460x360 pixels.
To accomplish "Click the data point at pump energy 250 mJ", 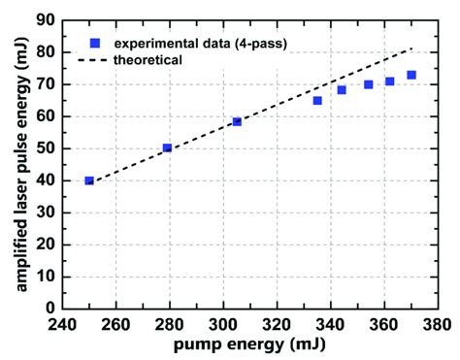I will pyautogui.click(x=89, y=180).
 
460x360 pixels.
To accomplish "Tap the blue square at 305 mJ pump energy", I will pyautogui.click(x=237, y=121).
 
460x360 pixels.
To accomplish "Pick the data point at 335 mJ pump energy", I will pyautogui.click(x=317, y=100).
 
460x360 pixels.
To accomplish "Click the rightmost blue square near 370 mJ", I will pyautogui.click(x=411, y=75).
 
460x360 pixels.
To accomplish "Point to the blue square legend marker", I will pyautogui.click(x=95, y=43).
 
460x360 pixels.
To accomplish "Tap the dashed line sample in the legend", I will pyautogui.click(x=95, y=60).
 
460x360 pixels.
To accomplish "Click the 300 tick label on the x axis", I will pyautogui.click(x=223, y=323).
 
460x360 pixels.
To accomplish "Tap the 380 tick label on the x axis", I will pyautogui.click(x=438, y=323).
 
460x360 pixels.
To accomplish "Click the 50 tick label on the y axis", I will pyautogui.click(x=43, y=148).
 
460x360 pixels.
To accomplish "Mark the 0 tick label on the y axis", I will pyautogui.click(x=48, y=308).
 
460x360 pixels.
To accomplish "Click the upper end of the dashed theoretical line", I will pyautogui.click(x=411, y=48).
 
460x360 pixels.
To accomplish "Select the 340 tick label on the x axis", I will pyautogui.click(x=331, y=323).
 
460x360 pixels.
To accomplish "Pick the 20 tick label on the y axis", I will pyautogui.click(x=43, y=245).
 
